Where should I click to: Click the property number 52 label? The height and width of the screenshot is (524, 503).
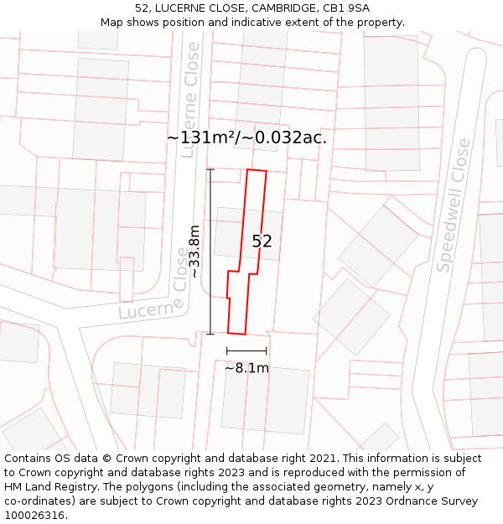coord(262,241)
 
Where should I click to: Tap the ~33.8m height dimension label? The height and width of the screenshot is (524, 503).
coord(194,252)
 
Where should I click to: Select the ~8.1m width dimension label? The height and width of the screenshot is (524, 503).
coord(246,367)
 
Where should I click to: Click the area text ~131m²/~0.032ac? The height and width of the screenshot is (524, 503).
coord(246,137)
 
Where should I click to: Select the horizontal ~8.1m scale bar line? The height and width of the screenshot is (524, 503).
coord(246,350)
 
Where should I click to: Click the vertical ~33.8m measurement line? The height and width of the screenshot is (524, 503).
coord(210,252)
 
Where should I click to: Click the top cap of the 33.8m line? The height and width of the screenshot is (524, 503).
coord(210,170)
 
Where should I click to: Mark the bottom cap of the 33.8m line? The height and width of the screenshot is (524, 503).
coord(210,334)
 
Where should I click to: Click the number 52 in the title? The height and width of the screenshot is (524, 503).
coord(141,8)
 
